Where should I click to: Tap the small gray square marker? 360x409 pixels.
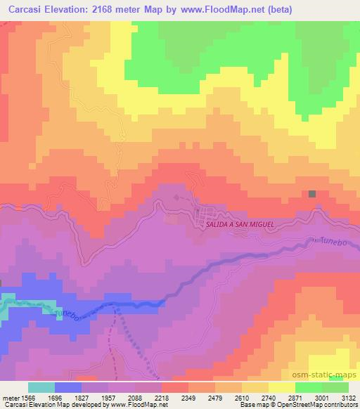click(312, 194)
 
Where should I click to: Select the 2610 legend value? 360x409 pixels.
click(228, 397)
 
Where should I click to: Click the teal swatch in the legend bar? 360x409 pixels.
click(41, 387)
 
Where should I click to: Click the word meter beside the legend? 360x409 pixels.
click(9, 397)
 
